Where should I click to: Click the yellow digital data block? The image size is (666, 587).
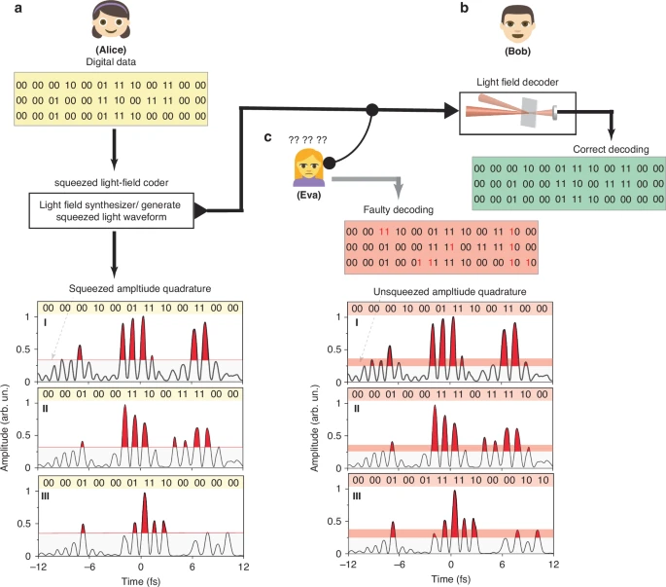[112, 100]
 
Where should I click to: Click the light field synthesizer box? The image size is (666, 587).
[110, 207]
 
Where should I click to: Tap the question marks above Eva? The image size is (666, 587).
[307, 140]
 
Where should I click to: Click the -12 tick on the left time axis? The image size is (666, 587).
[38, 566]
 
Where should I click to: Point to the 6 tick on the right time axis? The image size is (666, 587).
[503, 566]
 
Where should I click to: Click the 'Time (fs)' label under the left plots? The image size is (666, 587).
[140, 578]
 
